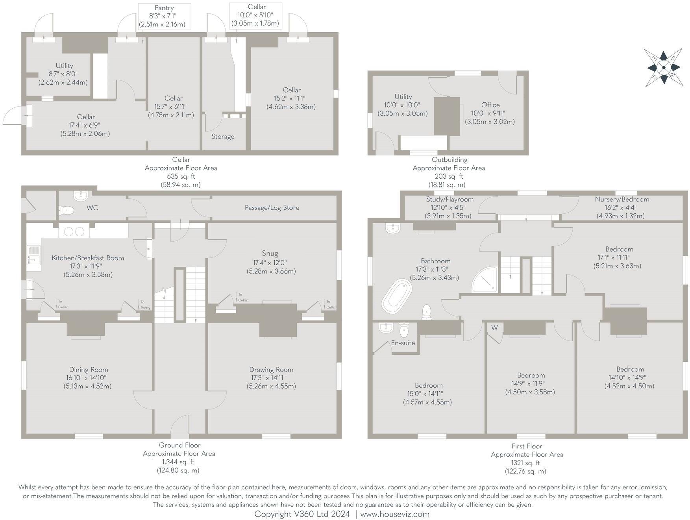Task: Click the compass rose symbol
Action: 664,67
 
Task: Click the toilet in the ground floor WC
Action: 67,210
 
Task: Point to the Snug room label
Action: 270,254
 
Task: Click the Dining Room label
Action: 88,370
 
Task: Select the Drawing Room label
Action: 271,370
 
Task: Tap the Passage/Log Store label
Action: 272,207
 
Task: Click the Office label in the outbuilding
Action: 490,105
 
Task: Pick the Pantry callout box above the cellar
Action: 164,16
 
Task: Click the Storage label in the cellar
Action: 223,137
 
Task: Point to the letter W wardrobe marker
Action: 494,328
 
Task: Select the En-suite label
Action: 403,343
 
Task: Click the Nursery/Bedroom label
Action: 622,199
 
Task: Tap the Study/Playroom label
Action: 450,199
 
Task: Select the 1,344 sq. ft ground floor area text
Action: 179,462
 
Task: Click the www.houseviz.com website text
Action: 395,514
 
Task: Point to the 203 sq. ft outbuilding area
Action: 449,176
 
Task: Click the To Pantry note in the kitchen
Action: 145,305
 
